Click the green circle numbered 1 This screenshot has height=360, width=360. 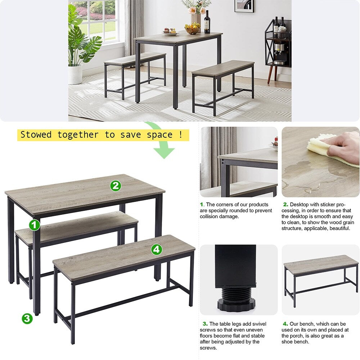(x=35, y=225)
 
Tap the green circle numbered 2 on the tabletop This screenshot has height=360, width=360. (x=116, y=186)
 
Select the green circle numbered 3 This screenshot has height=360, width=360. (x=27, y=318)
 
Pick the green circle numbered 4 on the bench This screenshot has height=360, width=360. (x=156, y=249)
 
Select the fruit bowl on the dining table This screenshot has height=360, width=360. (x=192, y=29)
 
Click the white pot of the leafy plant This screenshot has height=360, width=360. (x=75, y=74)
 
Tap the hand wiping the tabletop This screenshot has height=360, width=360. (x=344, y=146)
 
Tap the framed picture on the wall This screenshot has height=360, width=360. (x=244, y=6)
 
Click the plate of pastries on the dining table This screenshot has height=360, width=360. (x=171, y=32)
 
